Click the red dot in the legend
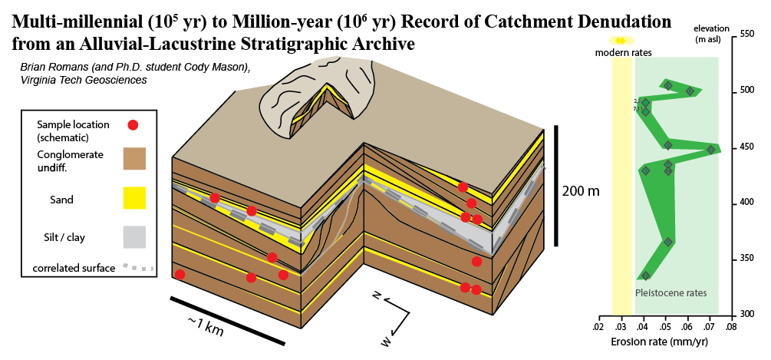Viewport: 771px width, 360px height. [133, 124]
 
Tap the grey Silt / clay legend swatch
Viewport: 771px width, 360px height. [134, 237]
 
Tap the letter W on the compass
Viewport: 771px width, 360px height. [387, 339]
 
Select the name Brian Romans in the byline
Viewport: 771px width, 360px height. [58, 68]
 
